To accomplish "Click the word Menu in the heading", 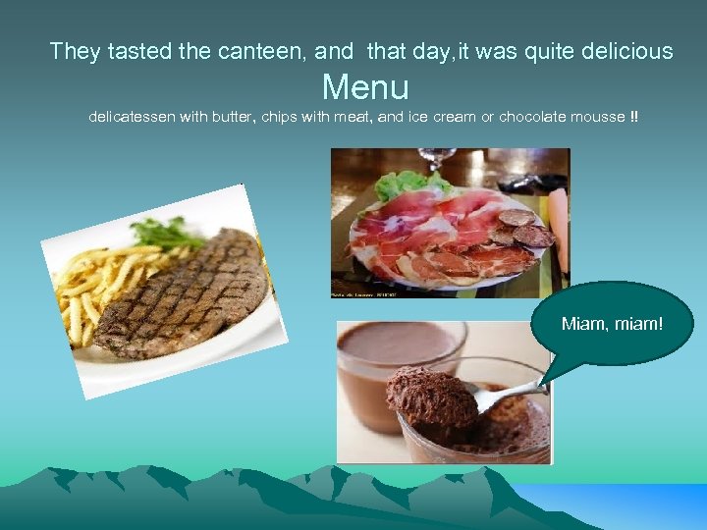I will pyautogui.click(x=365, y=87).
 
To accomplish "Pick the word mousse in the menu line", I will pyautogui.click(x=595, y=117).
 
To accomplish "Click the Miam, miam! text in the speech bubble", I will pyautogui.click(x=612, y=323).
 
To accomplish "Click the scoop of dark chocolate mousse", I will pyautogui.click(x=432, y=397).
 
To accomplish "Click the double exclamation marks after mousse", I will pyautogui.click(x=633, y=117).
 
